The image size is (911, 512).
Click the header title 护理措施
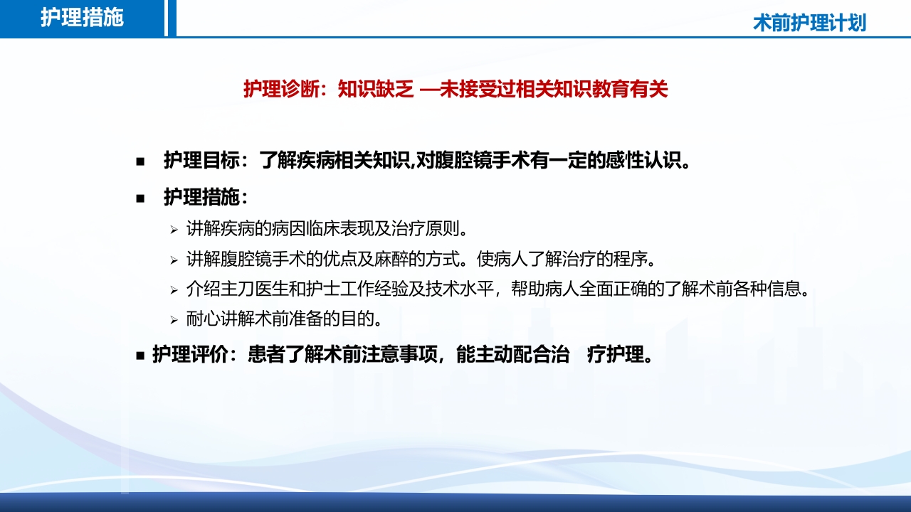click(82, 18)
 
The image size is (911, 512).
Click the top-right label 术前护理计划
click(809, 23)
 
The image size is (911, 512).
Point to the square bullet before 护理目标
click(140, 161)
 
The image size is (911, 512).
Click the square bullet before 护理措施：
click(140, 198)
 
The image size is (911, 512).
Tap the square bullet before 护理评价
click(140, 355)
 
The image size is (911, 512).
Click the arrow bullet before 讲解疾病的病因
click(173, 230)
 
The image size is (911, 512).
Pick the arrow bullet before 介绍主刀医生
click(173, 290)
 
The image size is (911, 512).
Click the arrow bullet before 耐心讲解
click(173, 320)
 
